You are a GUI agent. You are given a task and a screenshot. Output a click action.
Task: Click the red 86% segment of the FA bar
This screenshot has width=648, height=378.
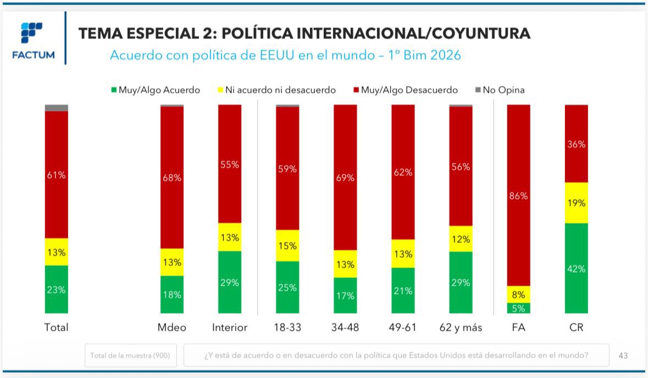point(518,196)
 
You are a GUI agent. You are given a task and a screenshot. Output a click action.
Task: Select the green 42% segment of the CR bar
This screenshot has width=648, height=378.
point(576,269)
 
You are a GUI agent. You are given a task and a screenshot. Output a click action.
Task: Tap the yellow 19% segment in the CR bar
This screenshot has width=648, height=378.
point(576,203)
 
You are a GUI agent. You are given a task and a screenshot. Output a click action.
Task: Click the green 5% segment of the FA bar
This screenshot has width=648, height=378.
point(518,308)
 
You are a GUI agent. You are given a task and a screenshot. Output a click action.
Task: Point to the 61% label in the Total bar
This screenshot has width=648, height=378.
point(57,175)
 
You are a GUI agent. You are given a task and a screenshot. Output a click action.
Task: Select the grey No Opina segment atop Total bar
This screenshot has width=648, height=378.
point(57,108)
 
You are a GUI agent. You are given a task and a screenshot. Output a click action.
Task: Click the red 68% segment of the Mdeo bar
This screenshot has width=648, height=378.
point(171,177)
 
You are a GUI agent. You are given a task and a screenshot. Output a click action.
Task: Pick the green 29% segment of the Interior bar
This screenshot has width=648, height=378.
point(230,282)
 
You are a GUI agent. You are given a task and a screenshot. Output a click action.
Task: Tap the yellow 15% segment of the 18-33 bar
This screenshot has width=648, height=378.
point(287,246)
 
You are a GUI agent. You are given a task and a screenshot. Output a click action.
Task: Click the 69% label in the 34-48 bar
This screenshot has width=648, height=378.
point(345,178)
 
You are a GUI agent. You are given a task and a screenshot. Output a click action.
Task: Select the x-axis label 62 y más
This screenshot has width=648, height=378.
point(461,327)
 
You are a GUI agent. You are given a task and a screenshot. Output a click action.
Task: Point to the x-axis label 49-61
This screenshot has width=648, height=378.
point(403,327)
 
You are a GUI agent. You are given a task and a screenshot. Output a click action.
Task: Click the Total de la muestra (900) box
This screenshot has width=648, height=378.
point(130,355)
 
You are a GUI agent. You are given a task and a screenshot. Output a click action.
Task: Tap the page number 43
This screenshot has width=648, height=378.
point(623,355)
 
